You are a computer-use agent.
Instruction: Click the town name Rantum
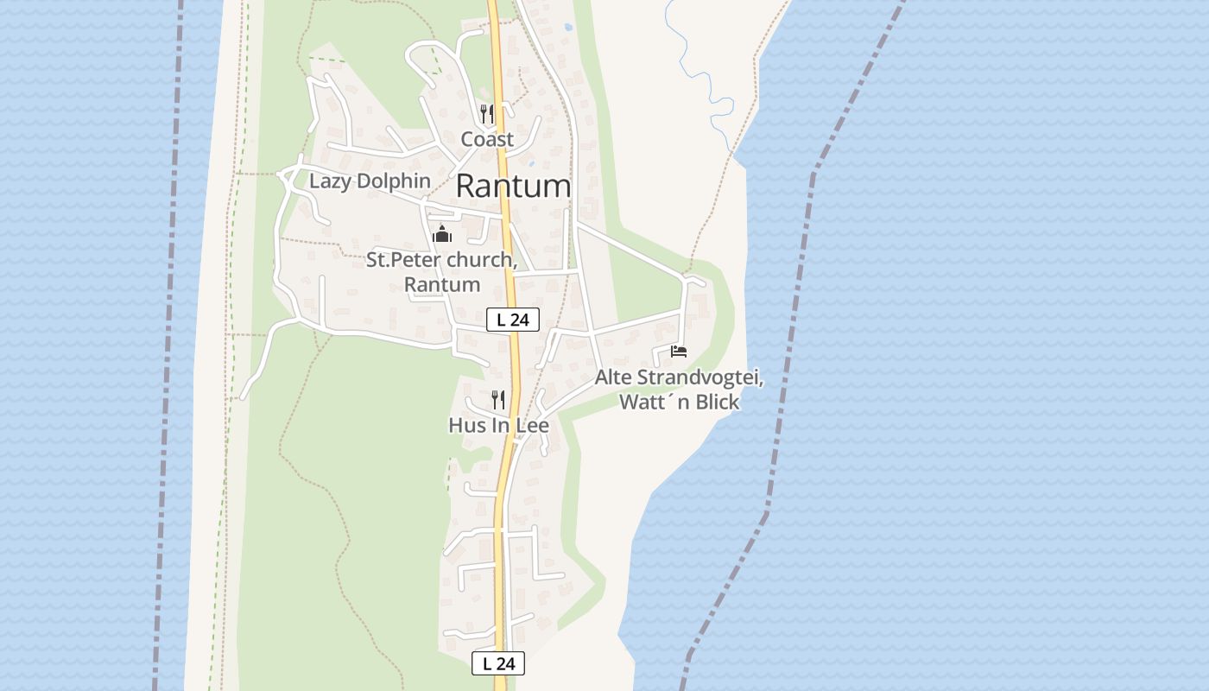[513, 186]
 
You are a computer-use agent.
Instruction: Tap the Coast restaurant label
[487, 139]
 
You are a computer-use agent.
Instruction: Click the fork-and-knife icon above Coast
[487, 113]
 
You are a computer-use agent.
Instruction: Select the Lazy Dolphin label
[370, 181]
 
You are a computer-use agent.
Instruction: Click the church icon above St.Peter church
[442, 234]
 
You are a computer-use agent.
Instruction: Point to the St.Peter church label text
[441, 259]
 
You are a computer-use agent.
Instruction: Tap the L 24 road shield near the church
[513, 320]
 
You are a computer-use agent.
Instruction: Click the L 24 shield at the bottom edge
[498, 663]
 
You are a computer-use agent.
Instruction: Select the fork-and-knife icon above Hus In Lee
[498, 399]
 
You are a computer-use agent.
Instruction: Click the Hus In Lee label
[498, 425]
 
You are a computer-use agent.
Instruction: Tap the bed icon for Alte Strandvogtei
[679, 352]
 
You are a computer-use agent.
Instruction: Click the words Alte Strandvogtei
[679, 377]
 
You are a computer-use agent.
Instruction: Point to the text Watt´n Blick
[679, 402]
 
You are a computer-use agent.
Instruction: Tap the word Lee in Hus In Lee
[532, 425]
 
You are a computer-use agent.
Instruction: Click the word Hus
[466, 425]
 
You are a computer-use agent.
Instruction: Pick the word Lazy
[329, 181]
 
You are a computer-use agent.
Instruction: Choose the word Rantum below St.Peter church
[441, 284]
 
